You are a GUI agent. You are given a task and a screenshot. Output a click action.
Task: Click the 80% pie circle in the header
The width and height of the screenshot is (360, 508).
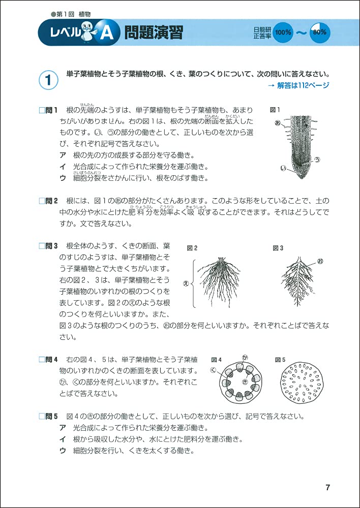[320, 32]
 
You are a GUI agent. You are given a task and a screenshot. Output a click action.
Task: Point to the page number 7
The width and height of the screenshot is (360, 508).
[327, 488]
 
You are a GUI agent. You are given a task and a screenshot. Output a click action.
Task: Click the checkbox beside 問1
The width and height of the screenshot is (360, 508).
[42, 110]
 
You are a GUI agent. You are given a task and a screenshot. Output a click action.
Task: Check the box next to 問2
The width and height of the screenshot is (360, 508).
[42, 201]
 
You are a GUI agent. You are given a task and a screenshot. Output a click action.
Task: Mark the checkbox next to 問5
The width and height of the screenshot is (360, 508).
[42, 417]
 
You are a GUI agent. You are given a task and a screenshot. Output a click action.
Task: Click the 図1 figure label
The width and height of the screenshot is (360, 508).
[275, 110]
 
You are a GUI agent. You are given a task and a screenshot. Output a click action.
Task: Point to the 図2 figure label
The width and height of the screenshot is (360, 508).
[192, 248]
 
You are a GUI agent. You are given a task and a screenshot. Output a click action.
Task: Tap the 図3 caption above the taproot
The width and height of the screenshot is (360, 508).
[278, 248]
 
